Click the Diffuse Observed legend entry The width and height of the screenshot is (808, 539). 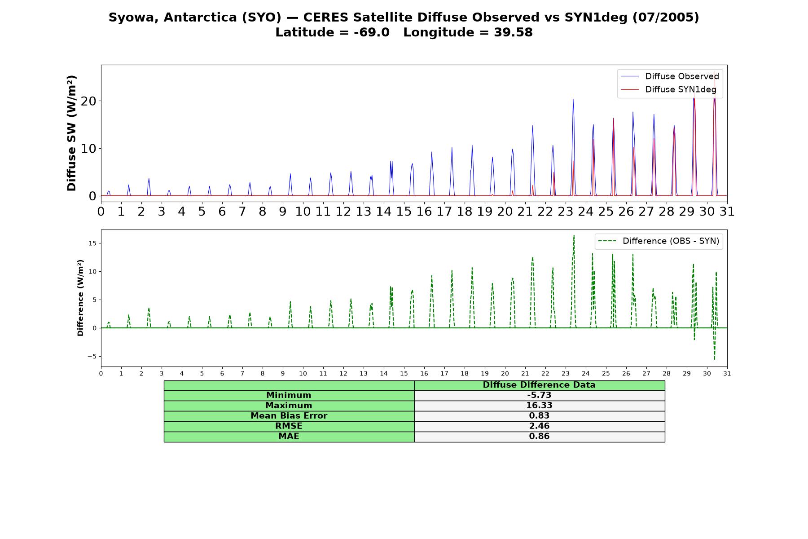click(x=670, y=76)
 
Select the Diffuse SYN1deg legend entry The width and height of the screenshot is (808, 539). click(x=668, y=89)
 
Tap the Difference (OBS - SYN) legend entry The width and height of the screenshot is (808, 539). click(x=659, y=241)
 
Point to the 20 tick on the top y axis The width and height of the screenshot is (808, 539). click(x=89, y=101)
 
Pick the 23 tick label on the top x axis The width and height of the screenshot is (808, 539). click(x=566, y=211)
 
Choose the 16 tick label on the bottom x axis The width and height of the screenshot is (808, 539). click(x=424, y=373)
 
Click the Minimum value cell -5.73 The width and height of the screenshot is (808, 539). click(x=539, y=395)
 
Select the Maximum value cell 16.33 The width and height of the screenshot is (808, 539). click(x=539, y=406)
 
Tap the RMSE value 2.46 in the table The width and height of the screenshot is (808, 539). click(x=539, y=426)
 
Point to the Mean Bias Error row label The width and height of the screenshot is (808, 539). click(x=289, y=416)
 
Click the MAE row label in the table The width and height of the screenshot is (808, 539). click(x=289, y=437)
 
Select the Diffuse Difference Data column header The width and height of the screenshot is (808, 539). click(x=539, y=385)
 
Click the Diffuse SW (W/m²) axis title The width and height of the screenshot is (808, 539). click(x=71, y=133)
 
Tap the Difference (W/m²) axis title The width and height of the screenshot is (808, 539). click(x=80, y=298)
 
